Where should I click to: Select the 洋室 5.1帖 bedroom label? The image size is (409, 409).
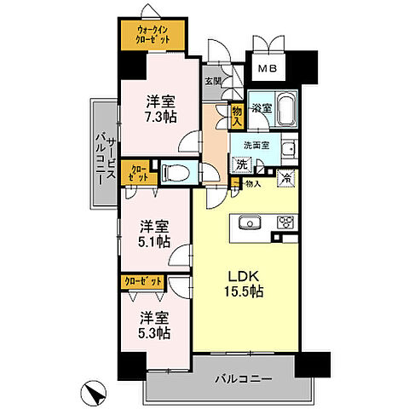coord(153,233)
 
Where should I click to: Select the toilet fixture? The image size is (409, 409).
coord(176,171)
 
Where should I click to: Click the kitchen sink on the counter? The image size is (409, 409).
coord(251,223)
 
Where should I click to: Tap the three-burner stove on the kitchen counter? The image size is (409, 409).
coord(284,223)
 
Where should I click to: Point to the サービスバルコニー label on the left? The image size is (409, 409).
coord(102,153)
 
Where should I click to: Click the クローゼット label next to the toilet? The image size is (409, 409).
coord(138,173)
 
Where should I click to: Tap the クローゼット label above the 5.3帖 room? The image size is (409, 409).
coord(141,280)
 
